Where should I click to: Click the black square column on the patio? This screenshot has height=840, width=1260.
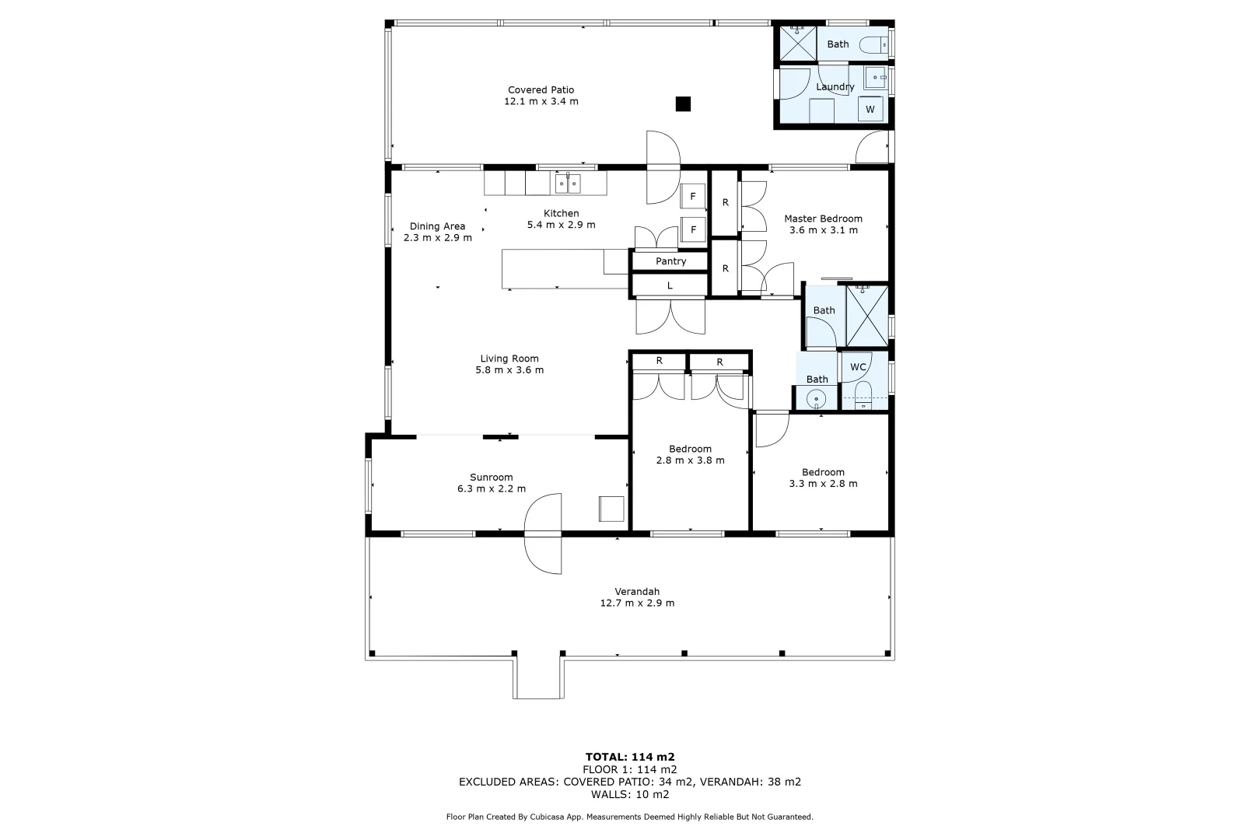683,103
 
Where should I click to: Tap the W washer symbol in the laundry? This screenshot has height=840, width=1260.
870,110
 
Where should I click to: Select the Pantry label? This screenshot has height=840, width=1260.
670,261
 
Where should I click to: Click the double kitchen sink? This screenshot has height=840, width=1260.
568,184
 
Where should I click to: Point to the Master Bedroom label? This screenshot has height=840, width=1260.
823,219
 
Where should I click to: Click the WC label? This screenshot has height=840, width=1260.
858,367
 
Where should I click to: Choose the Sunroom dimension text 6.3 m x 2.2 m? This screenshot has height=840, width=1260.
492,489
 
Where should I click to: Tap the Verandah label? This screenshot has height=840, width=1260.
637,592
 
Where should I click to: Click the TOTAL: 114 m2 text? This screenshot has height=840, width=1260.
629,756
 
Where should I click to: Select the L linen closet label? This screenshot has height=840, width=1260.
670,286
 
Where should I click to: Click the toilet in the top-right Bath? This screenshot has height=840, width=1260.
873,45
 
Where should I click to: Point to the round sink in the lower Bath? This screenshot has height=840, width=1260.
816,400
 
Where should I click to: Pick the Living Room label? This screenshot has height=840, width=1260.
509,359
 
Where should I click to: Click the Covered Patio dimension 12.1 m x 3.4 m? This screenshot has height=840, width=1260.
541,102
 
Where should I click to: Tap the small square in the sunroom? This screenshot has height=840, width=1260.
611,509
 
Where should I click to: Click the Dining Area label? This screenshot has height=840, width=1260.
437,226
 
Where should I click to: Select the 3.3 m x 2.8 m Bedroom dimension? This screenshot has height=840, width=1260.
823,484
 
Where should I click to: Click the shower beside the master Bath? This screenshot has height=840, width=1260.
866,316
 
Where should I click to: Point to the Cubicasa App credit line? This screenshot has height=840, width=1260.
629,817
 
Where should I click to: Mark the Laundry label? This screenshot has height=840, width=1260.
835,87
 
